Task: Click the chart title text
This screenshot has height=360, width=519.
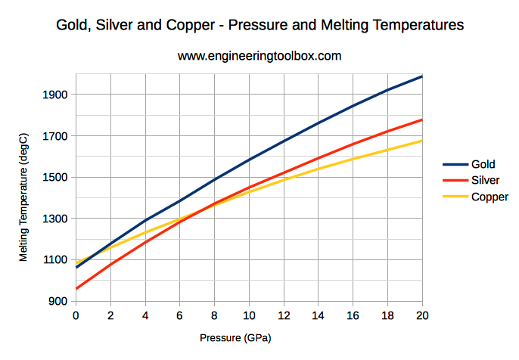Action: [x=259, y=25]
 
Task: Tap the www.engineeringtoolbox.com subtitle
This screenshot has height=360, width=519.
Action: [x=259, y=56]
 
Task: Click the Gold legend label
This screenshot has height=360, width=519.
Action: [x=483, y=163]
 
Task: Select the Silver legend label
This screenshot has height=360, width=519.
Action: [x=485, y=180]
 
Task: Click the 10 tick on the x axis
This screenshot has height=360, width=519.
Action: [x=249, y=315]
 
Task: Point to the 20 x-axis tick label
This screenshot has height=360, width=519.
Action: [x=422, y=315]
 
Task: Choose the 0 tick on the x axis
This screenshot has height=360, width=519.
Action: [x=76, y=315]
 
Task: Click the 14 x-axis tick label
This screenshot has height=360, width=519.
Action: [x=319, y=315]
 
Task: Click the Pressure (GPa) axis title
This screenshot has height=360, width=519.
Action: [x=235, y=338]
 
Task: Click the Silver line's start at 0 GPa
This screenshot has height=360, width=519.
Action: [x=76, y=288]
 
